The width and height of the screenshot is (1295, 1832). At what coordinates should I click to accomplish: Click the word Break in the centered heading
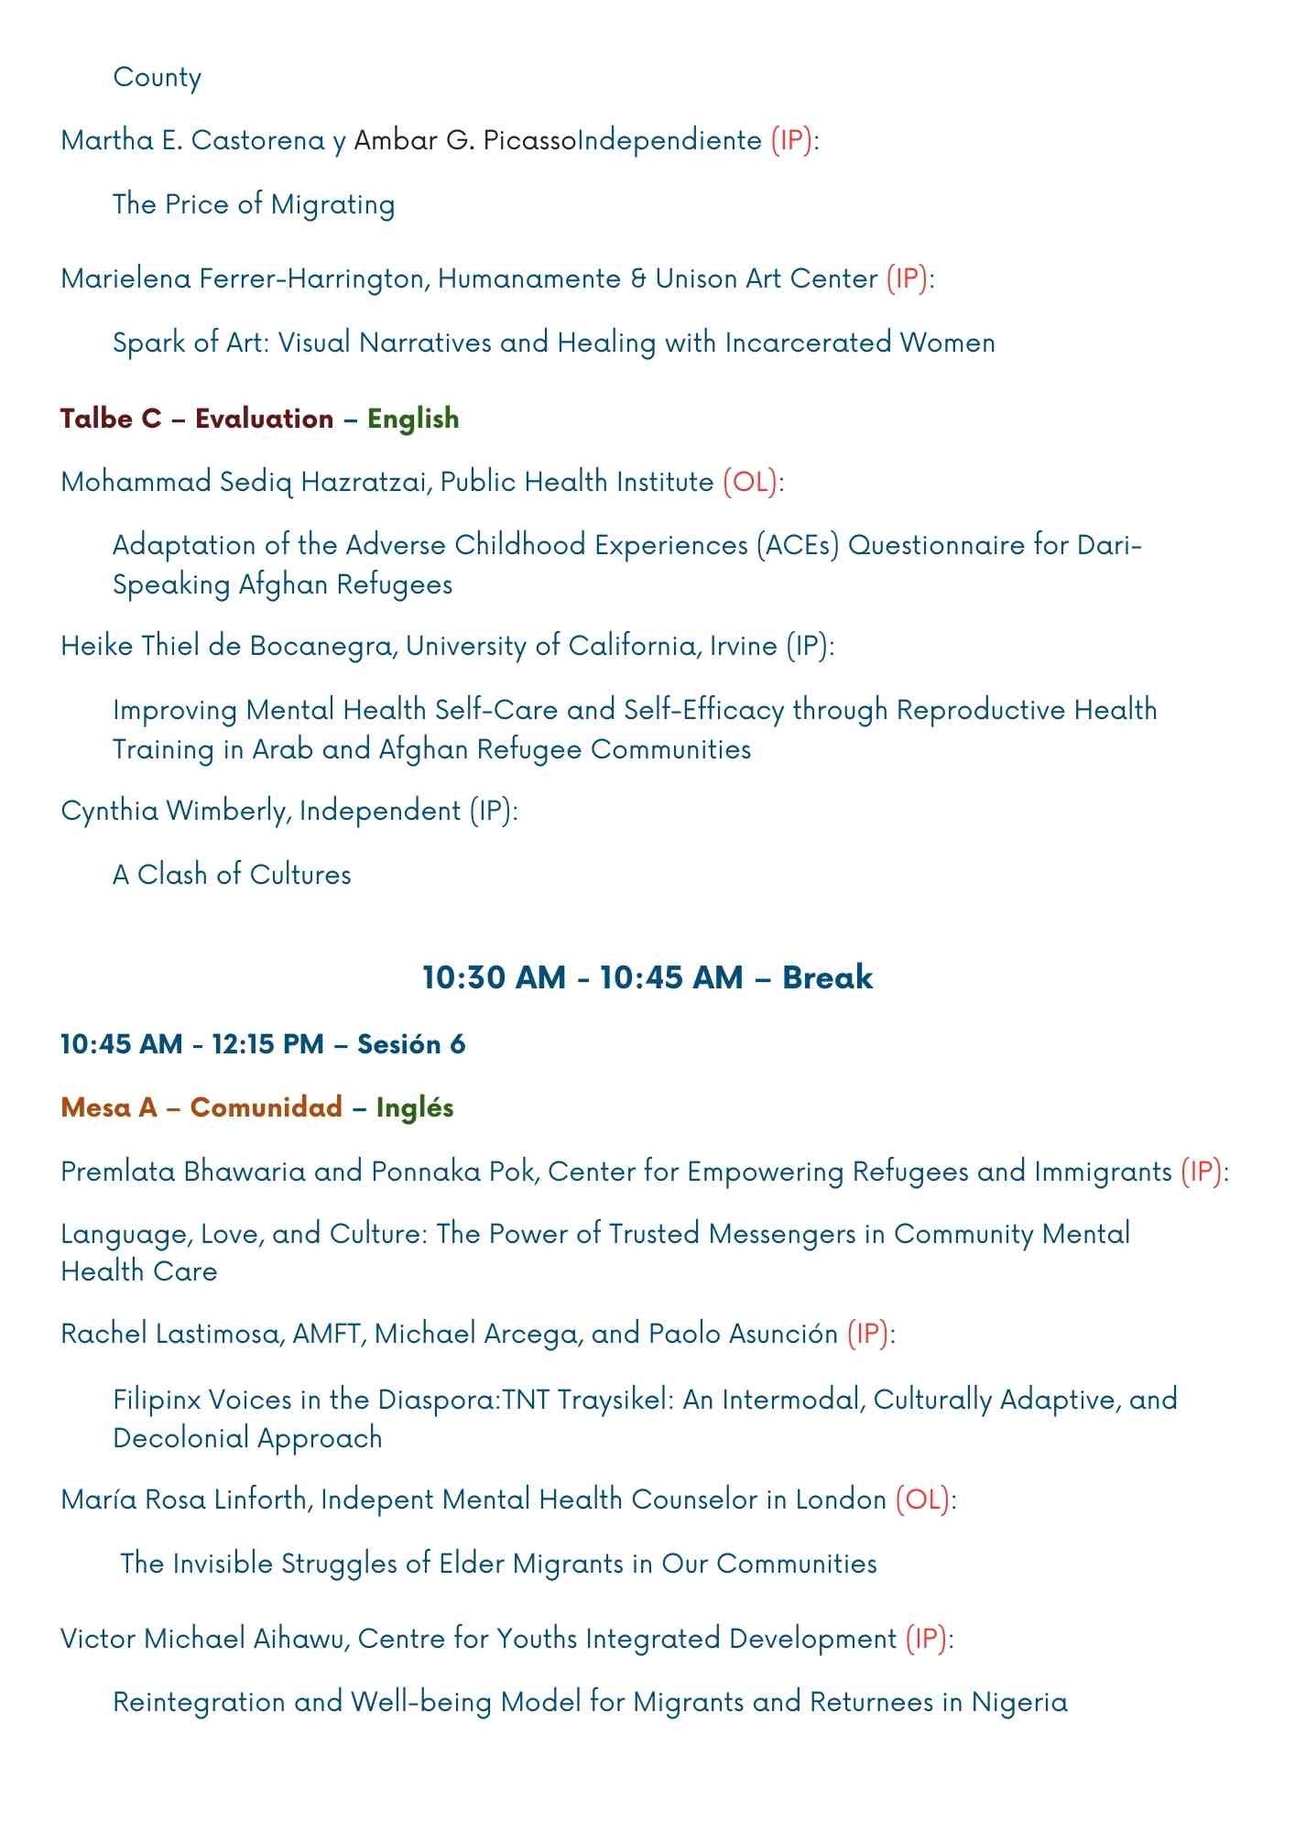point(827,977)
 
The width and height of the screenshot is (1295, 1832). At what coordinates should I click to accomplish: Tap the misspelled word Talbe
point(97,419)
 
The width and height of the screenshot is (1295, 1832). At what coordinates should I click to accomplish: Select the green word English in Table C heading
point(413,419)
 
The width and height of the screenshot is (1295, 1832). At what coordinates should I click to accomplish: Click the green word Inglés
point(415,1107)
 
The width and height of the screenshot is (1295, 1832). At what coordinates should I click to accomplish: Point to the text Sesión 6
point(411,1044)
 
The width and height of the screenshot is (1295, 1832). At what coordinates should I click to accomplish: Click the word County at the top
point(158,78)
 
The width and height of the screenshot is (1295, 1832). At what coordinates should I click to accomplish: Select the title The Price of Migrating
point(254,204)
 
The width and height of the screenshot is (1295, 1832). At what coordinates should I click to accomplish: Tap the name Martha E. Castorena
point(192,140)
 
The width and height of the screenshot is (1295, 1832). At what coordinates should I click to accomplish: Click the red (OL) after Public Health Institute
point(750,482)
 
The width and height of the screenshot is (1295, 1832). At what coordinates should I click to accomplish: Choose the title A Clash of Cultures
point(232,875)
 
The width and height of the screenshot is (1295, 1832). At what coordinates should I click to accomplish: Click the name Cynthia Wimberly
point(176,811)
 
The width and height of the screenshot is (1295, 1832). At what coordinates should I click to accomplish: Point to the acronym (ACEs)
point(798,545)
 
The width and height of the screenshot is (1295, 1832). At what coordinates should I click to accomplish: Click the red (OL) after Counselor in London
point(922,1499)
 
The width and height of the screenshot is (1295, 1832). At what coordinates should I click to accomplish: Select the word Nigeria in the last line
point(1019,1702)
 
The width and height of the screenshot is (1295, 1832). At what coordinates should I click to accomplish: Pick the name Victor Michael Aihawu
point(201,1638)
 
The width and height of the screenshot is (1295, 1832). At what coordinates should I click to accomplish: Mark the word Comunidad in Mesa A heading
point(266,1107)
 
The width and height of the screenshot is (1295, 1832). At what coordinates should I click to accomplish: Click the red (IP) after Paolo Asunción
point(867,1334)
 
